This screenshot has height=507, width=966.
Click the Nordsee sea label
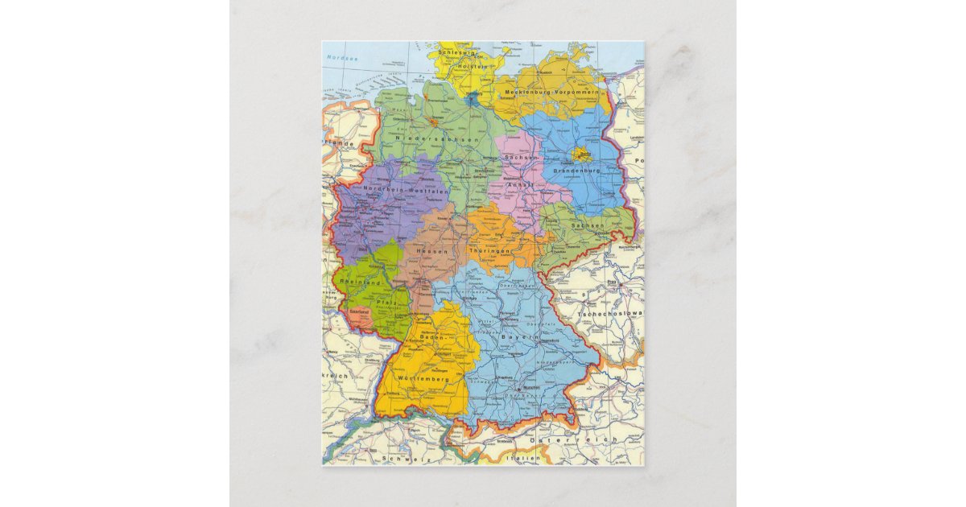point(336,58)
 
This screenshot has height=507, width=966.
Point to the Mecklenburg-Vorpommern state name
point(551,93)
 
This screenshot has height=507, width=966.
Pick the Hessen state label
point(431,252)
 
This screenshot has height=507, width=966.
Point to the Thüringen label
point(490,252)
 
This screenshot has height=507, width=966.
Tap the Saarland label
point(358,311)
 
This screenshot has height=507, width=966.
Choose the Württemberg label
point(423,378)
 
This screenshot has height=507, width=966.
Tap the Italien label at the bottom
point(523,458)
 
